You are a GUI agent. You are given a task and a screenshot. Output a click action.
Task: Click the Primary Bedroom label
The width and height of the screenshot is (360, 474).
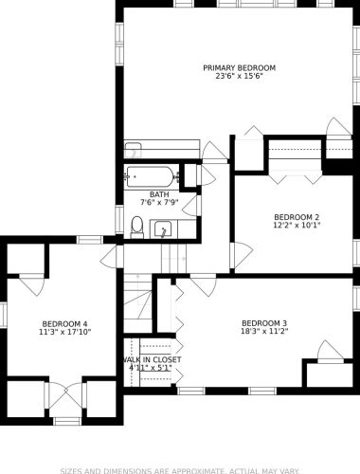pos(239,68)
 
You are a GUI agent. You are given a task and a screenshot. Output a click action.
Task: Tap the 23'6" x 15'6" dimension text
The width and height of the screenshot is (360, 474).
pos(239,76)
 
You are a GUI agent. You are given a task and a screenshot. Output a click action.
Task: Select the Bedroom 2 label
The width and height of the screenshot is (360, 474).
pos(297,217)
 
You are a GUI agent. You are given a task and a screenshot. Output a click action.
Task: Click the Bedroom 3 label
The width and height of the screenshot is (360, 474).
pos(264,323)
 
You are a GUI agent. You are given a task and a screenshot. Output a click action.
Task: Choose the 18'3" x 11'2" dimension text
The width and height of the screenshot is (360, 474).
pos(264,331)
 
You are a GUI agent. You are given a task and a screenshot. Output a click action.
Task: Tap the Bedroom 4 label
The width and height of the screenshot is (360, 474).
pos(64,324)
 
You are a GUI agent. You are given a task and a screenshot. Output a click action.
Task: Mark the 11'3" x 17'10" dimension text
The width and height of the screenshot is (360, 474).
pos(64,332)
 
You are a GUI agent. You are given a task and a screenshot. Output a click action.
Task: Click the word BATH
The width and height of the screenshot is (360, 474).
pos(159,194)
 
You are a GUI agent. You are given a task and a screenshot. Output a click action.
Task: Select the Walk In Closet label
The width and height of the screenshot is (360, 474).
pos(152,360)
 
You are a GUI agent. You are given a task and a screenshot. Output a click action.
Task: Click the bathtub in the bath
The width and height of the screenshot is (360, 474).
pos(151,176)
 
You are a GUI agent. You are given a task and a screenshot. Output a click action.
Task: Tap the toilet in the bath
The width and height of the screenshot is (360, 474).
pos(137,228)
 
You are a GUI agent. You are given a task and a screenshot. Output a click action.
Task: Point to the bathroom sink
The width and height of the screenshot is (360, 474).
pos(163,229)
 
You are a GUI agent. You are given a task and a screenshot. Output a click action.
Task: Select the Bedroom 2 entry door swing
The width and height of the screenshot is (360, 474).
pos(242,255)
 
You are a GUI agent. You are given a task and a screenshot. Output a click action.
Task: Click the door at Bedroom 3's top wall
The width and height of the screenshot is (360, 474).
pos(204,285)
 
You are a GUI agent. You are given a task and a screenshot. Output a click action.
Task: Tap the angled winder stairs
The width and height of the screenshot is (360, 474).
pos(137,303)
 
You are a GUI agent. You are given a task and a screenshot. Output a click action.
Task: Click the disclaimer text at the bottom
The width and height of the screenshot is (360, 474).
pos(180,471)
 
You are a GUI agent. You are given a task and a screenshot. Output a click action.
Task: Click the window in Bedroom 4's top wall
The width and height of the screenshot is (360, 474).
pos(90,240)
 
